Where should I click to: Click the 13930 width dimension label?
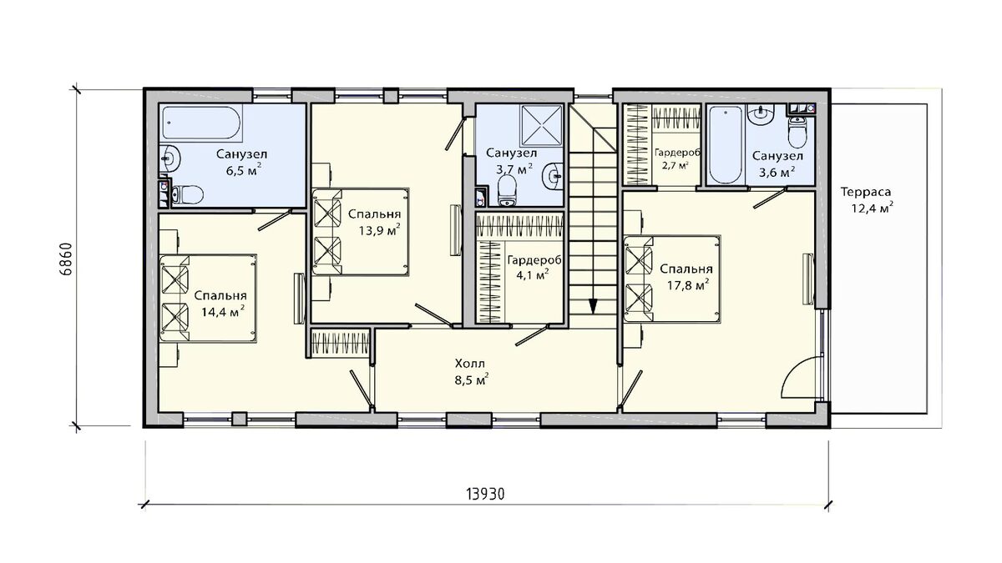click(485, 494)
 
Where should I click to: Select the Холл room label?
click(469, 363)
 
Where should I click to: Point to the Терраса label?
click(866, 192)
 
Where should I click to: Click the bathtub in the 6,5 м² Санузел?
click(202, 123)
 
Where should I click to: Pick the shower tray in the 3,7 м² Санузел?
click(542, 126)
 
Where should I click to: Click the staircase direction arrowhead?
click(593, 307)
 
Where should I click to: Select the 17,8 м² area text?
click(688, 284)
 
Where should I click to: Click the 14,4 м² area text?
click(222, 311)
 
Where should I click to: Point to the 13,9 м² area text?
click(378, 229)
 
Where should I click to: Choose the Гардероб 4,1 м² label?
click(534, 267)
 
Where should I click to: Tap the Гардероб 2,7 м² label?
click(677, 158)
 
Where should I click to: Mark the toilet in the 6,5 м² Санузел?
click(188, 195)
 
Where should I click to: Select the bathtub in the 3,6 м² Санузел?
click(726, 145)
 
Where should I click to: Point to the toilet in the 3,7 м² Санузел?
click(507, 191)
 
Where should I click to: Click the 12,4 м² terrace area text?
click(873, 209)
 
